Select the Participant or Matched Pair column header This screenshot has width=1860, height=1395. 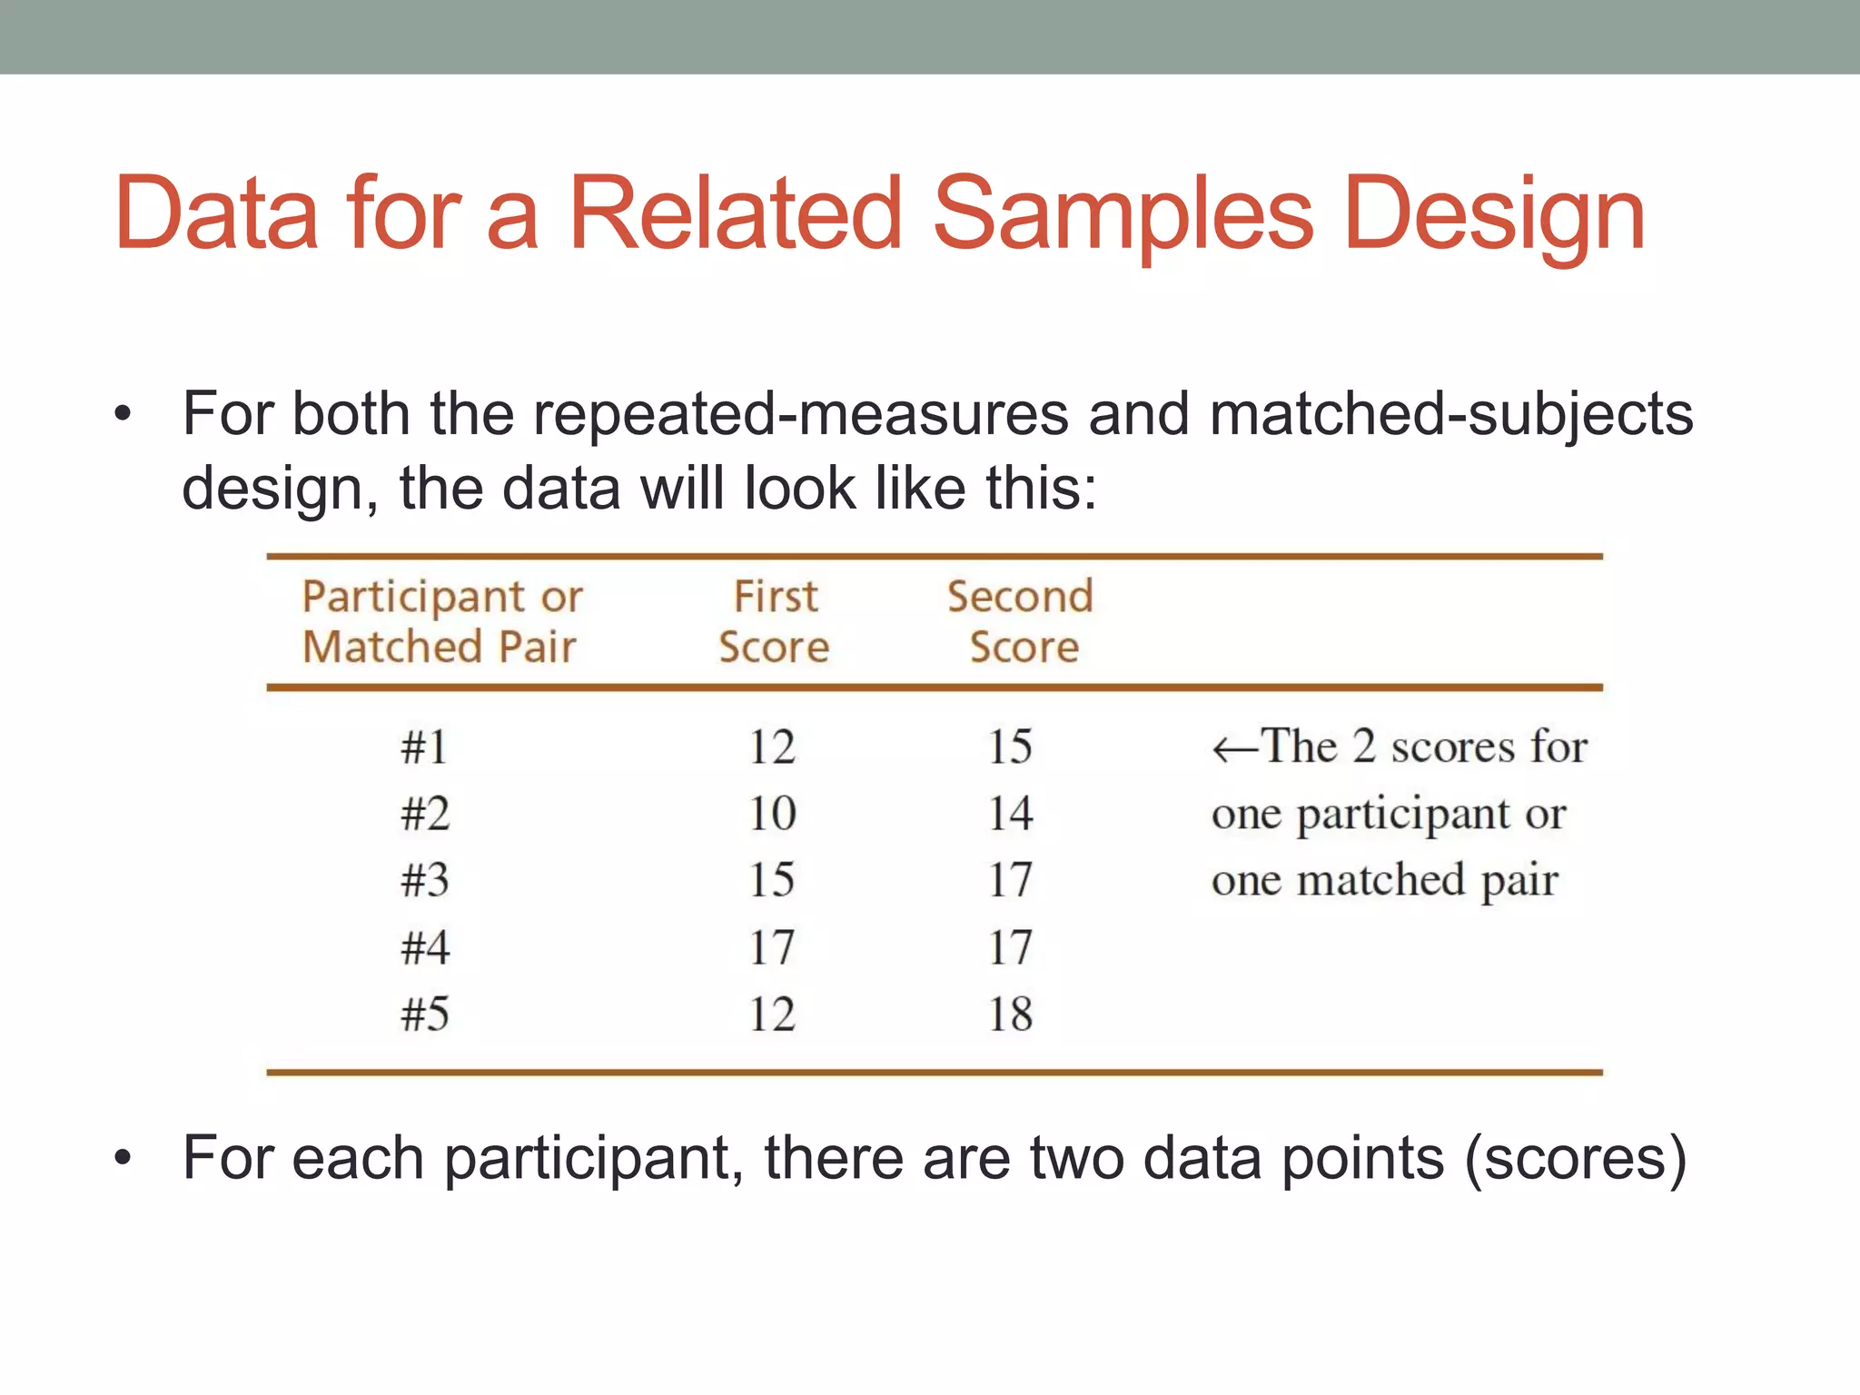click(x=441, y=622)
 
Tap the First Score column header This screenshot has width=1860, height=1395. click(x=775, y=622)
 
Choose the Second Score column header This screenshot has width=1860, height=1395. click(x=1021, y=622)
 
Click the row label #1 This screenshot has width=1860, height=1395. click(x=425, y=747)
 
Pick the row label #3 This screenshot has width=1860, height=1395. click(x=425, y=880)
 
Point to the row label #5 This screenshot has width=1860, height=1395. click(x=425, y=1014)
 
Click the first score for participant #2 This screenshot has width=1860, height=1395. click(x=772, y=813)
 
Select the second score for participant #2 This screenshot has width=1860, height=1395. click(x=1010, y=813)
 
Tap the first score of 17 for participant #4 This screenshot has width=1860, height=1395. click(x=772, y=947)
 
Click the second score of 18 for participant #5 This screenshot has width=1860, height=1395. click(x=1010, y=1014)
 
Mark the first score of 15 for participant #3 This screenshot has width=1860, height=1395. click(x=772, y=880)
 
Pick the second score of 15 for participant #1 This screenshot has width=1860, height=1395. click(x=1010, y=747)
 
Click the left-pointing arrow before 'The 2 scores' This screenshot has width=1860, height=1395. click(x=1234, y=750)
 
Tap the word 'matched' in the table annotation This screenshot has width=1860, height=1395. click(x=1380, y=880)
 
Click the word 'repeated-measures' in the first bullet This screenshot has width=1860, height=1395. click(x=800, y=414)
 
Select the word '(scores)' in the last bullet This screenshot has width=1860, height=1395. click(x=1576, y=1158)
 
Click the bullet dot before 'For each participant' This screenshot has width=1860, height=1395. click(x=124, y=1159)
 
